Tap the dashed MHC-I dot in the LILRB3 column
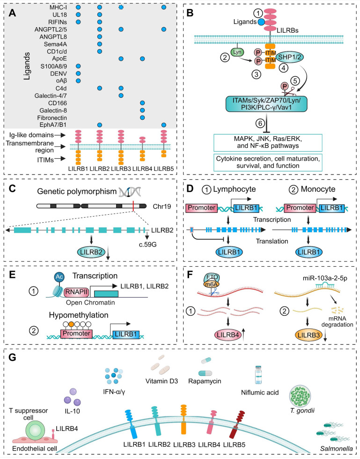(x=120, y=7)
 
